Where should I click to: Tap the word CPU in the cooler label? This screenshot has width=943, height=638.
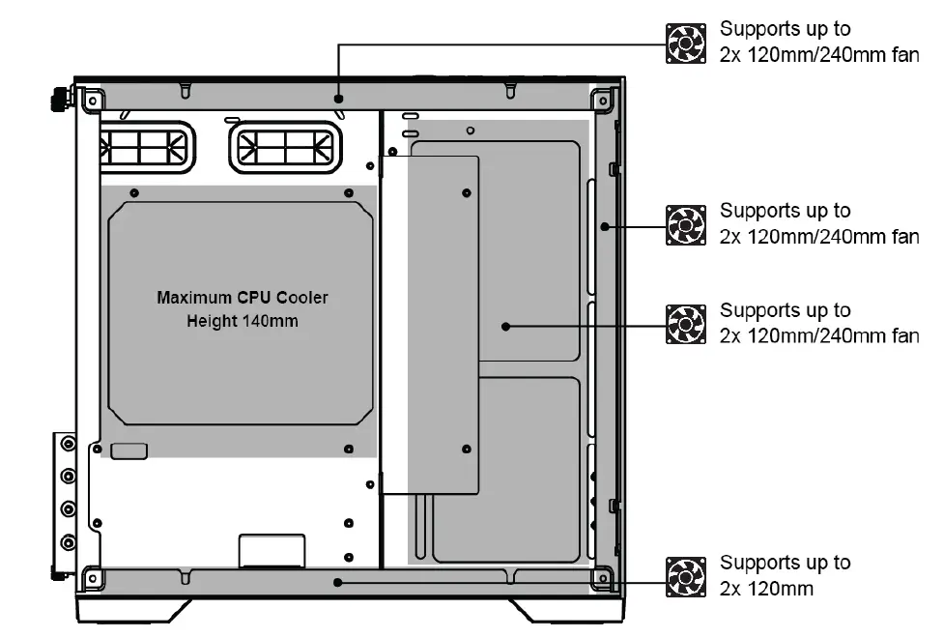[255, 298]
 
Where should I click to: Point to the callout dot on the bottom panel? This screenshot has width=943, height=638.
[337, 582]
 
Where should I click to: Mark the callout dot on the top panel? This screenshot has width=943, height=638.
[338, 98]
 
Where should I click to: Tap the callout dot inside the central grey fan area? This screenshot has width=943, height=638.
[506, 327]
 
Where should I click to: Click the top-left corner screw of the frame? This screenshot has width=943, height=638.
[92, 100]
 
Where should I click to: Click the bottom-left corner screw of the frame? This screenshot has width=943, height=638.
[92, 578]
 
